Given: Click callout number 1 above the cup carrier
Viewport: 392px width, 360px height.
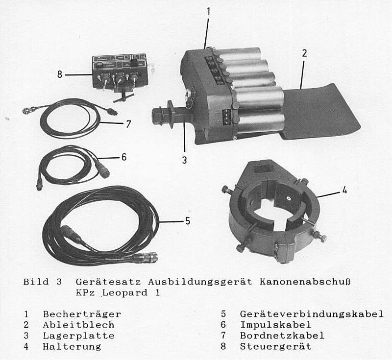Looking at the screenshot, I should [x=208, y=10].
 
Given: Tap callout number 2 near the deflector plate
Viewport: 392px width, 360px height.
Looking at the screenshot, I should [x=304, y=53].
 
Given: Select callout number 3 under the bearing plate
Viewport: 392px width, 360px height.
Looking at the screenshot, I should [x=185, y=159].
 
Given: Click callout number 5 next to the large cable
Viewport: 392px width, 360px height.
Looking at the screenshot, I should [x=187, y=221].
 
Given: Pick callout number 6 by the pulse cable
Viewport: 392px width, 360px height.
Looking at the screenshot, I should [x=123, y=157].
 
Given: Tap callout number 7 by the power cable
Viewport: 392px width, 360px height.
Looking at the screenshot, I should [x=128, y=124].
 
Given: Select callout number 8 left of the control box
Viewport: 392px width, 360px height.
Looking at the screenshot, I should [x=60, y=75].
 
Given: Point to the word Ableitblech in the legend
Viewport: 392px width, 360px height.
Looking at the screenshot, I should [x=78, y=325].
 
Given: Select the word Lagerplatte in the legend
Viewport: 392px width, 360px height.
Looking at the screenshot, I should [x=78, y=336].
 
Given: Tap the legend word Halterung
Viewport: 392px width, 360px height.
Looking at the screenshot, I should [x=72, y=346].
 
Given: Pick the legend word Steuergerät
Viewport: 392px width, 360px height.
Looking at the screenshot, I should [x=275, y=346].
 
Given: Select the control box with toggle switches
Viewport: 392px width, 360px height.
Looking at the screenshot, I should [x=119, y=71].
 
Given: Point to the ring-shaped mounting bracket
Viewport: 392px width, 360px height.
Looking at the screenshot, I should [x=274, y=211].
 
